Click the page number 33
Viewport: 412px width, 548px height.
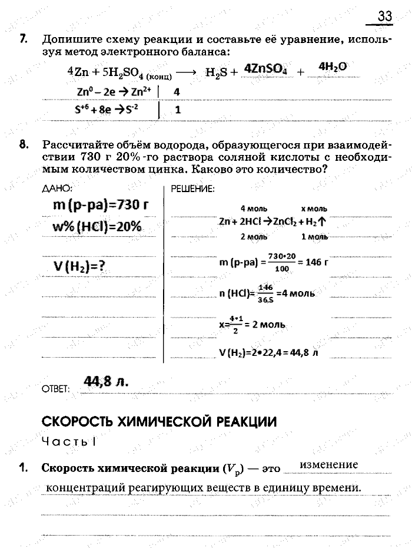(385, 16)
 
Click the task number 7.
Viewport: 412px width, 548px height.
(23, 40)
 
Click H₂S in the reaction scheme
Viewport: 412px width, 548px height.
(217, 73)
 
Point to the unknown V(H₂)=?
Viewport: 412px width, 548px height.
(79, 266)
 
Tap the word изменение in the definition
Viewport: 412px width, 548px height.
(328, 465)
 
